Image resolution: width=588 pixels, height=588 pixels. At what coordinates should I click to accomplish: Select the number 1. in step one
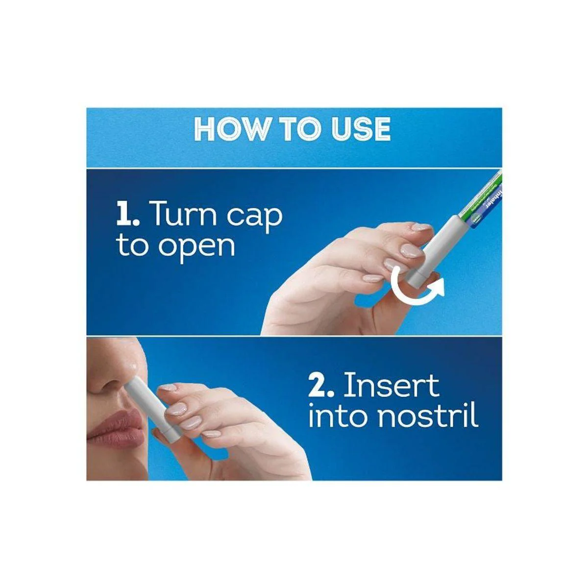(x=128, y=215)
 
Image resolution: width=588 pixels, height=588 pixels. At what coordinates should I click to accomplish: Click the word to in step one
(x=132, y=246)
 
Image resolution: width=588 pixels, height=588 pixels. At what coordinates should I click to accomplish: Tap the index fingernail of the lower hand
(x=168, y=388)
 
